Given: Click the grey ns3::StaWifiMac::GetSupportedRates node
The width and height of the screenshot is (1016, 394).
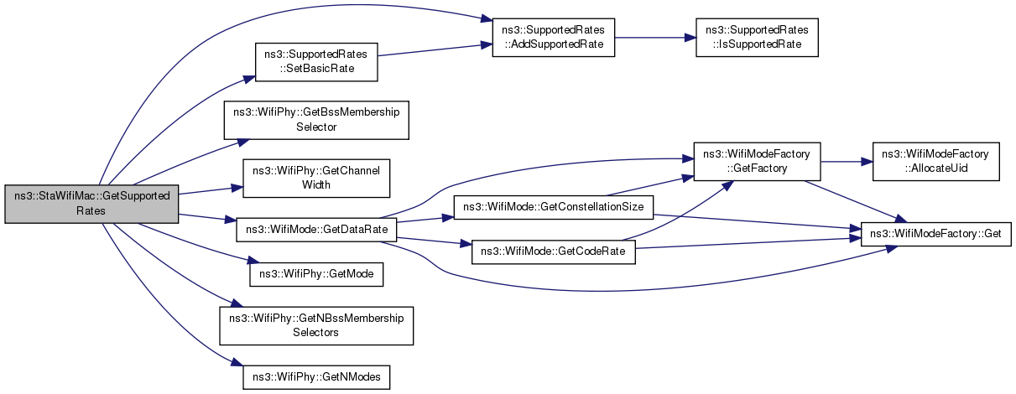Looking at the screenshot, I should (92, 203).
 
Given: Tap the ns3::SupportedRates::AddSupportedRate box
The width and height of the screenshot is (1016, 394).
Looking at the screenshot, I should (553, 37).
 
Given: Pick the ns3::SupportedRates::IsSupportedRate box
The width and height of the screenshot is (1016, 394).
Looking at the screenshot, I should (758, 37).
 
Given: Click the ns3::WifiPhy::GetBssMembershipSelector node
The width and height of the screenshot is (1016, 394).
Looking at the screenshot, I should (315, 119).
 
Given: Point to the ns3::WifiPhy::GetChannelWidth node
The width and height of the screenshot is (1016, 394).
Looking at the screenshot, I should (315, 177).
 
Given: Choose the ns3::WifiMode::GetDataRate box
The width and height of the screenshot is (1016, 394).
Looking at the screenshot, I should (316, 228).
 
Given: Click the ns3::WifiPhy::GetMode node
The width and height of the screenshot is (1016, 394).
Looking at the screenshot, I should (316, 273).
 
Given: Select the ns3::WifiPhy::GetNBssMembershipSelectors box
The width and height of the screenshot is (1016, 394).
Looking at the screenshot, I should (316, 325).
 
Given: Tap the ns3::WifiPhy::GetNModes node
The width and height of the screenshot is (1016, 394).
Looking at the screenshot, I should (316, 377).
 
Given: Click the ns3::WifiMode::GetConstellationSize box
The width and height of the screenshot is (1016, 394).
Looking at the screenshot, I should (553, 206).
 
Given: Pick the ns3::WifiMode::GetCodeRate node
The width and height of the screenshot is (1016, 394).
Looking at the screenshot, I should (553, 252).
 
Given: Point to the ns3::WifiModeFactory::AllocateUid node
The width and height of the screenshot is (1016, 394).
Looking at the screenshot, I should (935, 160).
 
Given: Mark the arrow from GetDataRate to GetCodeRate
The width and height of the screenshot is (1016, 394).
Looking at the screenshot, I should (433, 241).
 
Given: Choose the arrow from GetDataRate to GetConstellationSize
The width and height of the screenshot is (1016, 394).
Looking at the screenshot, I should (424, 220).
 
